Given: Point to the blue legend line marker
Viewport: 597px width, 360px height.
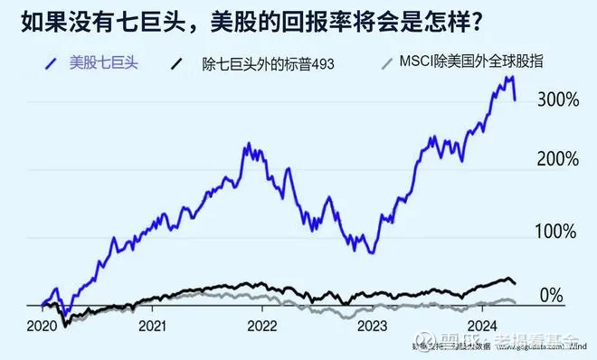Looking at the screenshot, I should click(x=52, y=63).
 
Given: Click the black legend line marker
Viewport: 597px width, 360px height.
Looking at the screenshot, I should click(x=177, y=63).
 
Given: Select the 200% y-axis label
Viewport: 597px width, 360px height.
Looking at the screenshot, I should click(x=557, y=159).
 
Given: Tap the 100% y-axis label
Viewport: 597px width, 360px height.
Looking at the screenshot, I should click(x=557, y=231).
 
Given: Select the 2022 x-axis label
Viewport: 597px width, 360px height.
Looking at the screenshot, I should click(x=262, y=326).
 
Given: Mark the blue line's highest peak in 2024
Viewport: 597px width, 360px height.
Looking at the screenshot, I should click(x=508, y=79).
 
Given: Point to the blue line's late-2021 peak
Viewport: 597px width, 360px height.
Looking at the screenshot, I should click(x=247, y=145).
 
